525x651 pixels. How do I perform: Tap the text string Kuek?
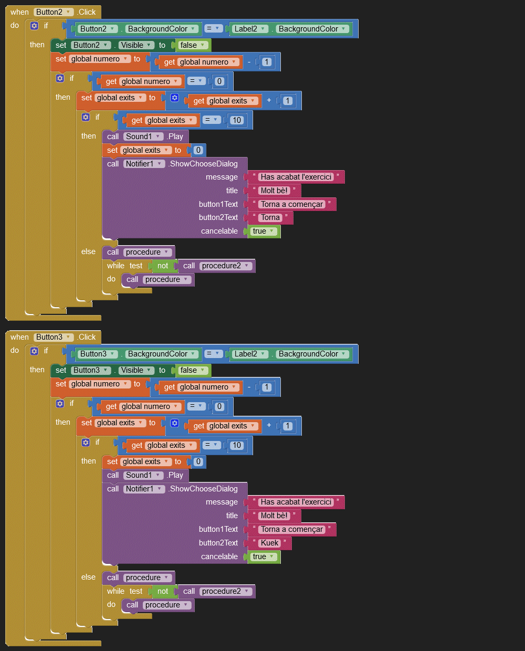pyautogui.click(x=270, y=543)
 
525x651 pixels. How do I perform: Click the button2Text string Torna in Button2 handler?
pyautogui.click(x=270, y=217)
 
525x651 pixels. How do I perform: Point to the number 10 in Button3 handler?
pyautogui.click(x=237, y=445)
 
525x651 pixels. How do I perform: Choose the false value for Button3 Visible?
pyautogui.click(x=192, y=370)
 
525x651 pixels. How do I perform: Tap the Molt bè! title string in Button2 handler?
pyautogui.click(x=274, y=191)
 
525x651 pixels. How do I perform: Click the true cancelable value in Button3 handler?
pyautogui.click(x=264, y=556)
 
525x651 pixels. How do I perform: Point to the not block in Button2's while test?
pyautogui.click(x=163, y=266)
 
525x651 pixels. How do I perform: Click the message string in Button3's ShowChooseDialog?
pyautogui.click(x=296, y=502)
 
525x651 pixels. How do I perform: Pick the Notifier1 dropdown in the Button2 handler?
pyautogui.click(x=144, y=164)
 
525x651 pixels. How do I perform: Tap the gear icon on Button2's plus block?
pyautogui.click(x=175, y=98)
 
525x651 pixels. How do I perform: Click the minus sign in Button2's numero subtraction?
pyautogui.click(x=249, y=62)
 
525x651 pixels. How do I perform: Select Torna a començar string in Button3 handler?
pyautogui.click(x=292, y=529)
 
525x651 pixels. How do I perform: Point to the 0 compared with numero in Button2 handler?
pyautogui.click(x=219, y=81)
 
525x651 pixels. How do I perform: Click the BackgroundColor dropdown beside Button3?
pyautogui.click(x=162, y=354)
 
